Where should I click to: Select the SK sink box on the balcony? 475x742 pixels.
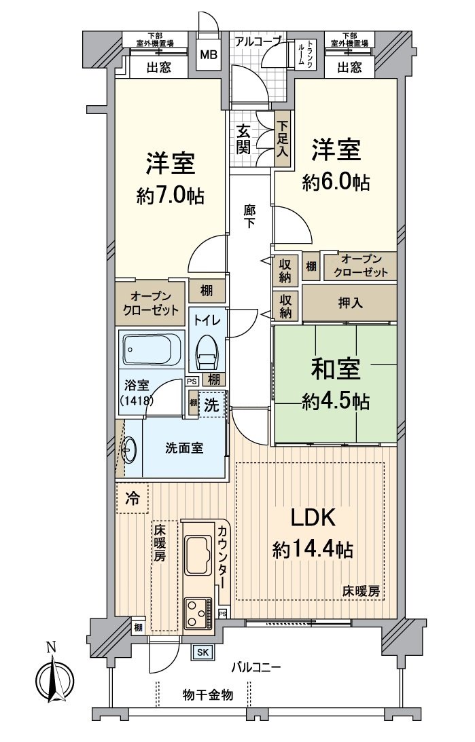[x=203, y=652]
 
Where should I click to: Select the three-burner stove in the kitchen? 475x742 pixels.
[x=198, y=612]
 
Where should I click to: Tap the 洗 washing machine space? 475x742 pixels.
[x=213, y=405]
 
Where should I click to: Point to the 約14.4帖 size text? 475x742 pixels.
[x=313, y=549]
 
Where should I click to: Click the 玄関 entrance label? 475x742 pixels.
[x=244, y=139]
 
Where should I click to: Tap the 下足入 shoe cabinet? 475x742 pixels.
[x=282, y=139]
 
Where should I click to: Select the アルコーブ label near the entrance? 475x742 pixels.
[x=258, y=41]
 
